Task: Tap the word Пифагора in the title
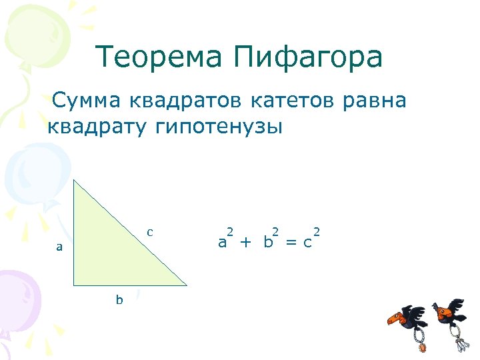[308, 58]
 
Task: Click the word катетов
[295, 101]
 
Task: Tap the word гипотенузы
[219, 127]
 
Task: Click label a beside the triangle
[59, 247]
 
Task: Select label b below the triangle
[119, 300]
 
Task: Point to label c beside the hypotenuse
[150, 232]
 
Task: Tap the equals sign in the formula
[289, 242]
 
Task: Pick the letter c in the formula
[307, 243]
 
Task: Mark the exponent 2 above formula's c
[317, 231]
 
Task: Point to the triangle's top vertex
[74, 179]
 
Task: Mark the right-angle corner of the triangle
[75, 285]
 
